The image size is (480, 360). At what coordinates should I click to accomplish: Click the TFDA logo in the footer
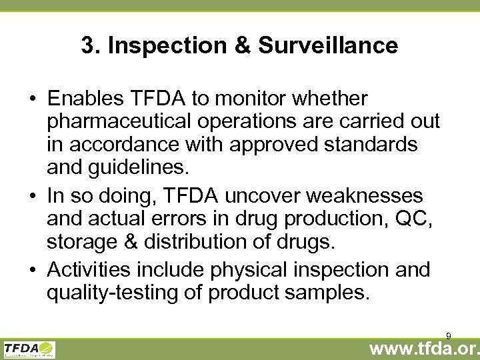pos(29,349)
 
